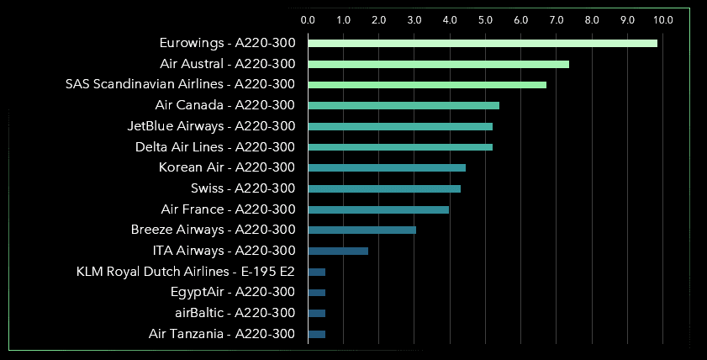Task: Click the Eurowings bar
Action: (x=483, y=43)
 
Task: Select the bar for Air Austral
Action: (x=438, y=64)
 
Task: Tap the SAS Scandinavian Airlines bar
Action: (x=427, y=85)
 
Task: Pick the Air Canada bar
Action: (x=404, y=105)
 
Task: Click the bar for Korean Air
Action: (x=387, y=167)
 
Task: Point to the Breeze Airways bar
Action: (x=361, y=230)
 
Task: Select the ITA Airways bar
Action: (x=338, y=251)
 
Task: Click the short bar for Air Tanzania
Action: (x=317, y=334)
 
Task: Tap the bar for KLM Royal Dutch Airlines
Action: (x=317, y=272)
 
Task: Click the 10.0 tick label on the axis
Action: (x=662, y=19)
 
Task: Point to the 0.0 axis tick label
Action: (x=308, y=19)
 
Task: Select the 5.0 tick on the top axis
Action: (x=485, y=19)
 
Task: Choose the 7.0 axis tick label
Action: (x=557, y=19)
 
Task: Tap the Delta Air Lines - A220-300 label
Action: (x=215, y=147)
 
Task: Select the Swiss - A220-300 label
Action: (x=243, y=188)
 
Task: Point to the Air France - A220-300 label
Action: (x=228, y=209)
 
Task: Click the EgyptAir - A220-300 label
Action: (x=233, y=293)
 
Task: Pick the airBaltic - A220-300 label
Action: (x=235, y=313)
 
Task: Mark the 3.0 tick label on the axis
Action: (x=414, y=19)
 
